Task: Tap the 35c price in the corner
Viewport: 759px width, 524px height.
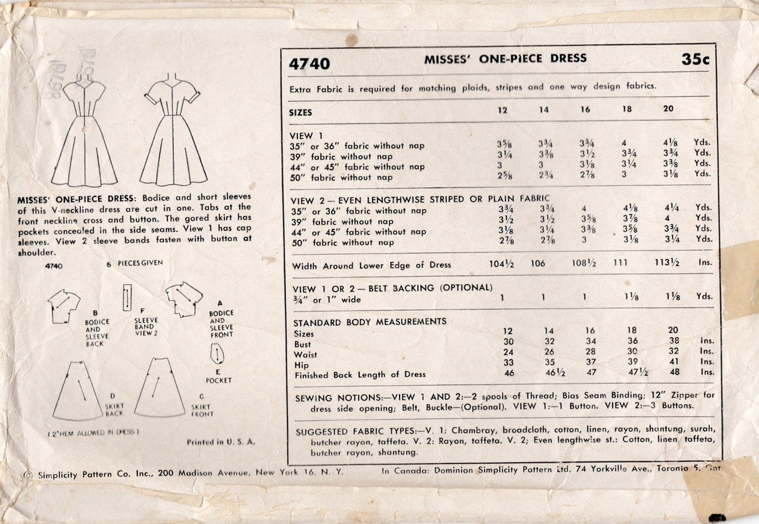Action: click(695, 60)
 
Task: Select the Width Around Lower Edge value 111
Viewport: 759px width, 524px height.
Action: click(620, 264)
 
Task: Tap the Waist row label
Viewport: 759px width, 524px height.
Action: click(306, 355)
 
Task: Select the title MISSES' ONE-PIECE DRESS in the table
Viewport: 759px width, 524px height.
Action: click(505, 59)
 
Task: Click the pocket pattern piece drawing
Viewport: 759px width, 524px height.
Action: click(217, 356)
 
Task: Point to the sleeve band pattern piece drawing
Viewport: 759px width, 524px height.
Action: click(127, 297)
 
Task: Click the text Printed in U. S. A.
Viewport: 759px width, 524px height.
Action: click(221, 442)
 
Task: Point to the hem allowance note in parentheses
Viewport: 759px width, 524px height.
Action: click(94, 432)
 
